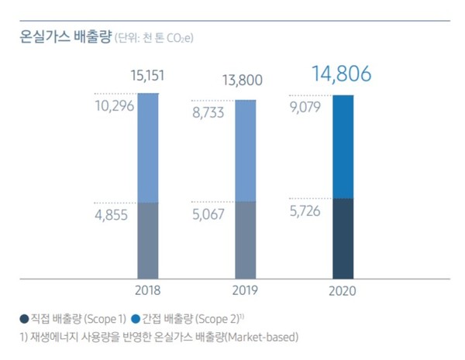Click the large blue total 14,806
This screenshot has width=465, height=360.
tap(341, 74)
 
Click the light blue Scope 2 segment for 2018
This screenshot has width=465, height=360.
tap(148, 148)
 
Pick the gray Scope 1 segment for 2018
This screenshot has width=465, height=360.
tap(148, 240)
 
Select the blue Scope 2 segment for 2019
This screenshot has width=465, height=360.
tap(245, 151)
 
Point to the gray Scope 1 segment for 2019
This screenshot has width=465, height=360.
tap(245, 240)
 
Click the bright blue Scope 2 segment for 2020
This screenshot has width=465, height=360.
tap(343, 147)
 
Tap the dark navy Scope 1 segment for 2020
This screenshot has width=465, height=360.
tap(343, 238)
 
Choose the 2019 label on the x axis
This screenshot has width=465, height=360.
tap(245, 291)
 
